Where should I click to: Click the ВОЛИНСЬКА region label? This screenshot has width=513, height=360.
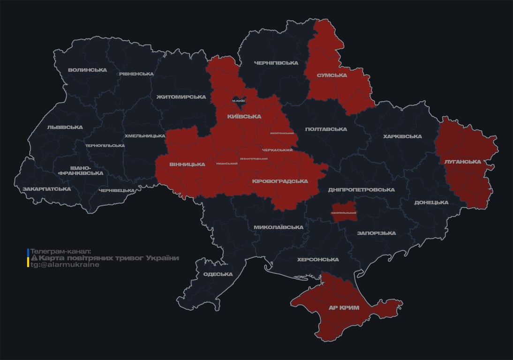87,70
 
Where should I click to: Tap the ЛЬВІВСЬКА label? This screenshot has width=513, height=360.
65,127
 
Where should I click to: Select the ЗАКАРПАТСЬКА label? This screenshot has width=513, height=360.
46,189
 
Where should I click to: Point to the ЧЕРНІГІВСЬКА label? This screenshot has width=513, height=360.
276,63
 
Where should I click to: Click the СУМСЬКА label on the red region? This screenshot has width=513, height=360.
332,75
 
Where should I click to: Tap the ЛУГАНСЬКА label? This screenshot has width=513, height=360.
462,162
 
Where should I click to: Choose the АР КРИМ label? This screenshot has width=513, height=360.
343,308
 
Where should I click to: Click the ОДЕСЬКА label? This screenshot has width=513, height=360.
218,275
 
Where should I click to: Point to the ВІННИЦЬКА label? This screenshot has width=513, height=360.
187,165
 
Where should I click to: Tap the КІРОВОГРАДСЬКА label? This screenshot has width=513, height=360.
280,181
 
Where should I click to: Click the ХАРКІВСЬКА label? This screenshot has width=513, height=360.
402,136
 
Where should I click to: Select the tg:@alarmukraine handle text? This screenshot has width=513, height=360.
65,265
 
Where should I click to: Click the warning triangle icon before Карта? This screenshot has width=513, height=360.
34,258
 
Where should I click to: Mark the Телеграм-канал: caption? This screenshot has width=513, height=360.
61,252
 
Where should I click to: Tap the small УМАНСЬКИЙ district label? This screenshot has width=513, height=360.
226,164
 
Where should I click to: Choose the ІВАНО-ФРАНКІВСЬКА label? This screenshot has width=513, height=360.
81,171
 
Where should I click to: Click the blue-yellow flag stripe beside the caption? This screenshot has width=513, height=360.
28,258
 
